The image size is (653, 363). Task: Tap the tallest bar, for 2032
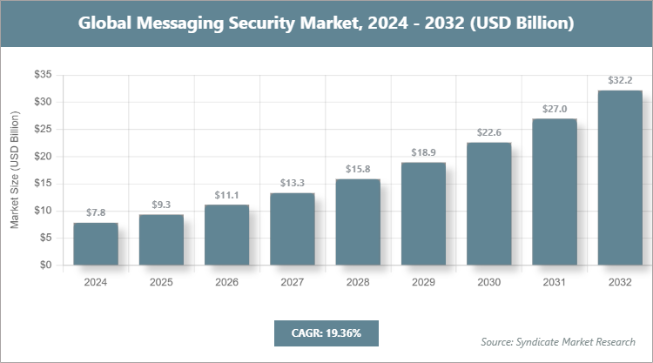[620, 178]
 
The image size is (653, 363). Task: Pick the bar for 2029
[423, 214]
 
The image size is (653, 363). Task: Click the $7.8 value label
[96, 212]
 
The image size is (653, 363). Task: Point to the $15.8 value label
[358, 169]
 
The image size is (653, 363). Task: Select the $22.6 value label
[488, 132]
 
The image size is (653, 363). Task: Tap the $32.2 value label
[620, 80]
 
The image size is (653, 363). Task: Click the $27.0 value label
[555, 109]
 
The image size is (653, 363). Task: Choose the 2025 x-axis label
[161, 282]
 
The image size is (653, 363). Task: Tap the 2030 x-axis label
[488, 282]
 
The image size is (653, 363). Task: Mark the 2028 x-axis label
[358, 282]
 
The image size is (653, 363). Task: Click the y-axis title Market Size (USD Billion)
[15, 171]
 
